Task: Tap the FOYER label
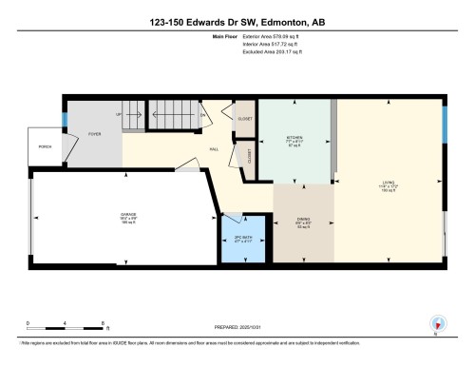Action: coord(94,136)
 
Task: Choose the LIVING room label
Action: coord(389,183)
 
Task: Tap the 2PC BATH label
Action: coord(242,238)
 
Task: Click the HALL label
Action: coord(216,149)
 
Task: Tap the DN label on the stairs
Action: coord(203,116)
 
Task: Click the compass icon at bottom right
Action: coord(438,322)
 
